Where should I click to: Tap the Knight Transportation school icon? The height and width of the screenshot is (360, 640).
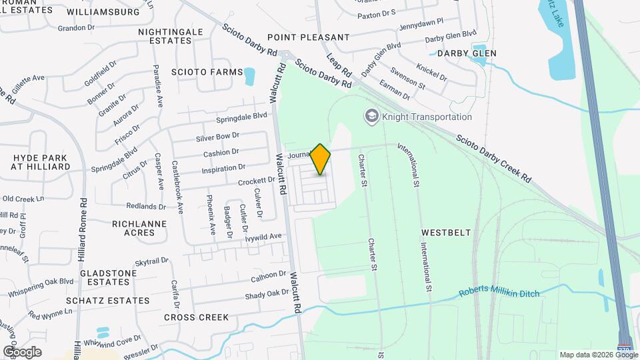(x=371, y=117)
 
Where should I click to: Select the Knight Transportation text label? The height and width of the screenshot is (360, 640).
(x=427, y=117)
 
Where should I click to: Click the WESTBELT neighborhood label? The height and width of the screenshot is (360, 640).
(x=446, y=233)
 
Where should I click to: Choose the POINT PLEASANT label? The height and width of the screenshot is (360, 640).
(x=308, y=37)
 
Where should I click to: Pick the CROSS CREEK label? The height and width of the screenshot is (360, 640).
(x=196, y=317)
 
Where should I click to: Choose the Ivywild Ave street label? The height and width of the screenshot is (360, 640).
(x=263, y=237)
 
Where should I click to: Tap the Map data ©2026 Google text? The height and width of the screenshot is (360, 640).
(x=597, y=355)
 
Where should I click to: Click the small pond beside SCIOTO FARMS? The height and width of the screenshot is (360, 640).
(x=249, y=76)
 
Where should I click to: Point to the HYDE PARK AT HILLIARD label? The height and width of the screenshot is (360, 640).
(x=42, y=161)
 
